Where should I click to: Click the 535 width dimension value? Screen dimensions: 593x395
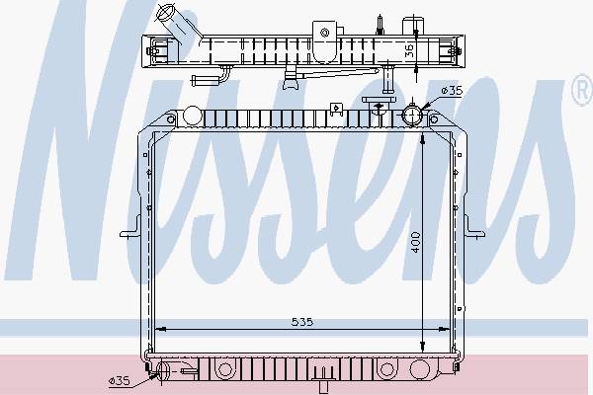(302, 322)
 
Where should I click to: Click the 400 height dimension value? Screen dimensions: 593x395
(416, 242)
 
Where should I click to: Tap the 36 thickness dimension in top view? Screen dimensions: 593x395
(409, 50)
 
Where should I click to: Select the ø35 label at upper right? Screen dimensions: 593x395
(452, 90)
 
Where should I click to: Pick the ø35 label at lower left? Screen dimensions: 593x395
(120, 381)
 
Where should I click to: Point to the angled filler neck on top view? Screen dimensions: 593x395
(178, 23)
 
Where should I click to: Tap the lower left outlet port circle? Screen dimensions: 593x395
(163, 370)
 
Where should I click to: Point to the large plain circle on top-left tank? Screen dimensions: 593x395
(193, 116)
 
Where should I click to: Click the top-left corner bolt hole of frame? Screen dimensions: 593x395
(171, 119)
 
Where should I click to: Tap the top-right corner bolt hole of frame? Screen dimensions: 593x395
(434, 119)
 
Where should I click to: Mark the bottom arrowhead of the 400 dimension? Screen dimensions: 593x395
(422, 347)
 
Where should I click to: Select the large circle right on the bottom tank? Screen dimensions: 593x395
(419, 369)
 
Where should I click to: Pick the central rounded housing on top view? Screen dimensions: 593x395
(325, 41)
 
